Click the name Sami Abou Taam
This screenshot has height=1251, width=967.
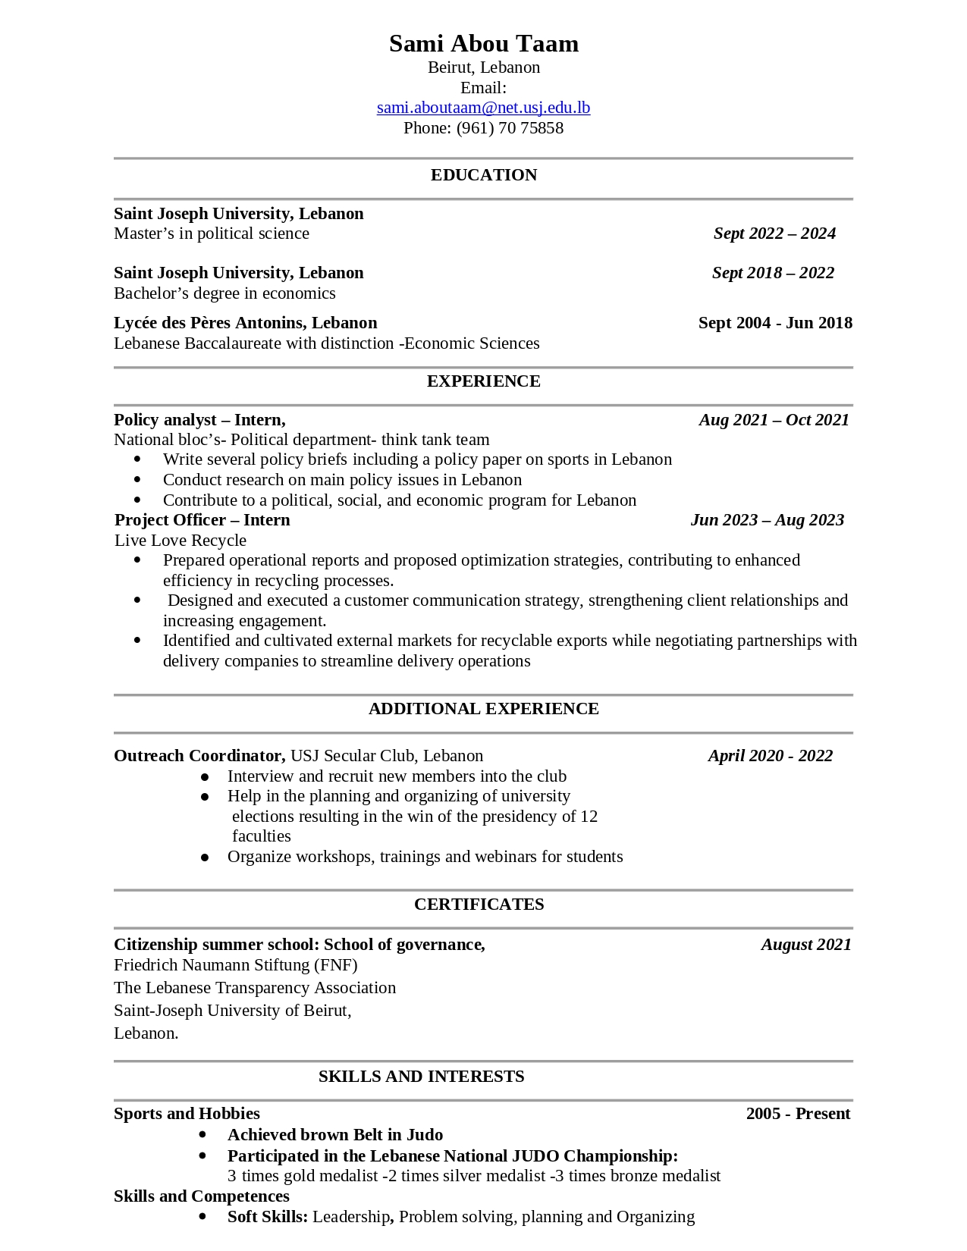[483, 44]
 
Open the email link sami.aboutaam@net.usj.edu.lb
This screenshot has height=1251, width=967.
[483, 108]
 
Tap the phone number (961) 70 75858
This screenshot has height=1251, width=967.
[509, 128]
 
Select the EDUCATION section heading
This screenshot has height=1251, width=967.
[483, 175]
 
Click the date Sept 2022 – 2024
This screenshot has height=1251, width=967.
[774, 234]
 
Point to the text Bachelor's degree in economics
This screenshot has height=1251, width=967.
[224, 293]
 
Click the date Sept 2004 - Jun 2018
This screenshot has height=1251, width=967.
[774, 323]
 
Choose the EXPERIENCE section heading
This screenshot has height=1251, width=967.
[483, 381]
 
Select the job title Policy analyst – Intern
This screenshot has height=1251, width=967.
[199, 420]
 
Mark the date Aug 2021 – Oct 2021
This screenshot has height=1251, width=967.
[774, 420]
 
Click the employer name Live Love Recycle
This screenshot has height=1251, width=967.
[181, 541]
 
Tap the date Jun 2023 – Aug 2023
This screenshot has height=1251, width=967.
[767, 520]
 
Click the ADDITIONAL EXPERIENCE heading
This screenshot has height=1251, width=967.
[483, 709]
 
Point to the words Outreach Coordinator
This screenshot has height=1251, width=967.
[199, 756]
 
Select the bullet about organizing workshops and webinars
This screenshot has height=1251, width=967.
[425, 857]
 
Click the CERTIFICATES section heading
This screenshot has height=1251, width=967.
[479, 905]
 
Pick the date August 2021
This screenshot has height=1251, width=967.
[805, 945]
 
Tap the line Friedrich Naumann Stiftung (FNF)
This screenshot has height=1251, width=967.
[235, 965]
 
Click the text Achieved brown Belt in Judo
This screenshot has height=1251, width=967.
[335, 1135]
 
